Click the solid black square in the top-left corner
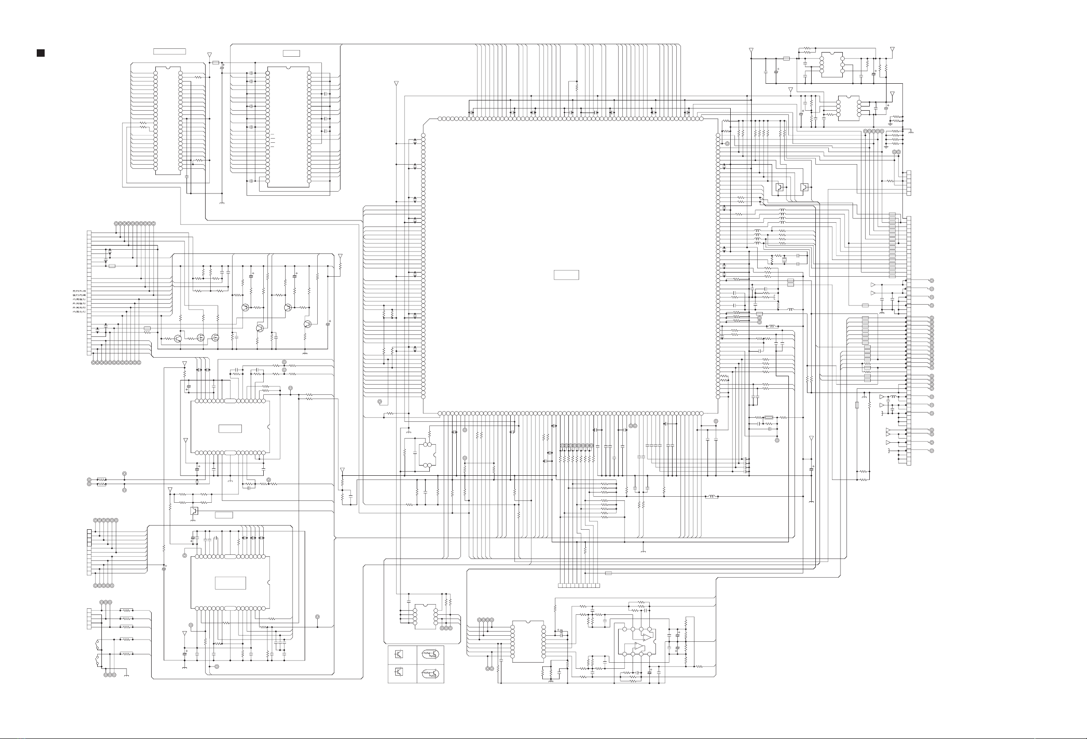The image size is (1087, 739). tap(40, 53)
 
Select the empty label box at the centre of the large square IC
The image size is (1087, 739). tap(566, 275)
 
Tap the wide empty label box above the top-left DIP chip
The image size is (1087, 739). tap(169, 51)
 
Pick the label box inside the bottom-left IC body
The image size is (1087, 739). tap(230, 583)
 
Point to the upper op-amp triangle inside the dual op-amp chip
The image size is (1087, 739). tap(647, 637)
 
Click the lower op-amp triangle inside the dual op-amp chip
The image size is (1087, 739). tap(639, 647)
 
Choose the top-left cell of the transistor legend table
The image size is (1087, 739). tap(402, 654)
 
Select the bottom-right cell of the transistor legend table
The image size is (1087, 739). tap(430, 674)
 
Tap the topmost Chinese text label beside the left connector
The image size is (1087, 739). tap(79, 291)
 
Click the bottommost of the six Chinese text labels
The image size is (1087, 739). tap(79, 312)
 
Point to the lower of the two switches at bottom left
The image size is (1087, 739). tap(97, 660)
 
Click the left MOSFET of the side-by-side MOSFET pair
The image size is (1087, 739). tap(201, 337)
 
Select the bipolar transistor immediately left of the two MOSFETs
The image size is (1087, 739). tap(178, 339)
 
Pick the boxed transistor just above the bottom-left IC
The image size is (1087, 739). tap(194, 510)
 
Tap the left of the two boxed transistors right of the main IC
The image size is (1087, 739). tap(780, 187)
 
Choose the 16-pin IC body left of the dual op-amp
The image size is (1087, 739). tap(528, 641)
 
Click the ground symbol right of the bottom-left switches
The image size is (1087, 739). tap(127, 675)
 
